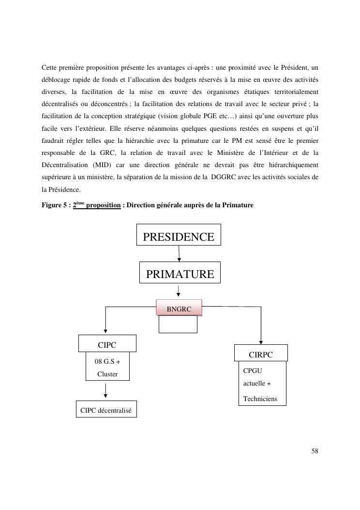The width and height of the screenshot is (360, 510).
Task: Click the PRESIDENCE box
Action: [179, 237]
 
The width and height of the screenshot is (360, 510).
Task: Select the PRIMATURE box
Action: [180, 274]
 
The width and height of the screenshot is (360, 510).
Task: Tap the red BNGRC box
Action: [179, 309]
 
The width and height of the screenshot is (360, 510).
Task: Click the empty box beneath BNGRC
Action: [178, 325]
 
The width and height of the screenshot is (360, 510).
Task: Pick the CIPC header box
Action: [107, 345]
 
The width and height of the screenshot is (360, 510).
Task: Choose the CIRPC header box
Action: [261, 355]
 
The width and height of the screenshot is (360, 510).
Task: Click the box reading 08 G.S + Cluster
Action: [107, 368]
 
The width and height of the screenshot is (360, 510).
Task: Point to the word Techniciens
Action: [260, 399]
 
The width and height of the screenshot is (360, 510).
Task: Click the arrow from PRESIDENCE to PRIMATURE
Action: [179, 253]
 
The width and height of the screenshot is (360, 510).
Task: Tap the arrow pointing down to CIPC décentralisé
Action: [105, 390]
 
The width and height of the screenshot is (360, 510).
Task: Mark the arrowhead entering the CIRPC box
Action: [261, 342]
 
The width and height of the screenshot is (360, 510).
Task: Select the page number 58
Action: [315, 451]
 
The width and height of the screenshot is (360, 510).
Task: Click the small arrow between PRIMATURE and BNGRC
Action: [179, 291]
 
